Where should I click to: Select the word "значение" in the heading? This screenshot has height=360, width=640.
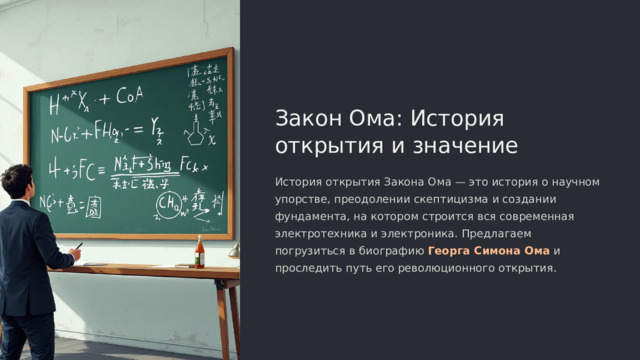[x=470, y=147]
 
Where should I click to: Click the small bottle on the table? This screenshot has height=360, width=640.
[x=199, y=253]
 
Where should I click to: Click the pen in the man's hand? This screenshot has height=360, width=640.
[x=78, y=246]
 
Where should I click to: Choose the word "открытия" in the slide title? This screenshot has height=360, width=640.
[x=316, y=147]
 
